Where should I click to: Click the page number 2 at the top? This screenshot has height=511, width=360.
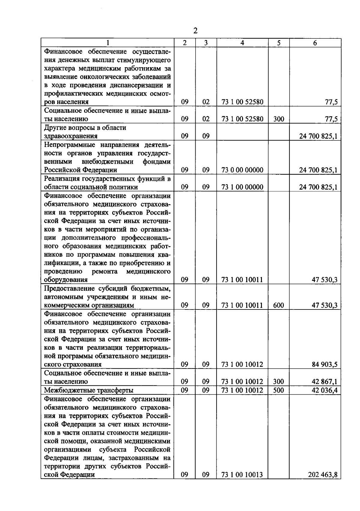click(x=195, y=31)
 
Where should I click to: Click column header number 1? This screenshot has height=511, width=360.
click(x=108, y=43)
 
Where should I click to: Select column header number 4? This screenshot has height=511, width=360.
click(x=242, y=43)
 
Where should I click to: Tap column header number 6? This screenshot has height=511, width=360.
click(x=315, y=43)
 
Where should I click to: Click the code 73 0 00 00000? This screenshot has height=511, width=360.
click(x=242, y=170)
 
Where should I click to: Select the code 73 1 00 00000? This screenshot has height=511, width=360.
click(x=242, y=187)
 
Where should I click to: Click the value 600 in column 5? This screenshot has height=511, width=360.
click(x=279, y=305)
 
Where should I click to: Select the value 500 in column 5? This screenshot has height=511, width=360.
click(x=279, y=390)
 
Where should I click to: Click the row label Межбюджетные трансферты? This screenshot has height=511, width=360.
click(x=88, y=390)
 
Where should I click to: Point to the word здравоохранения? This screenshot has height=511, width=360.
click(x=71, y=136)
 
